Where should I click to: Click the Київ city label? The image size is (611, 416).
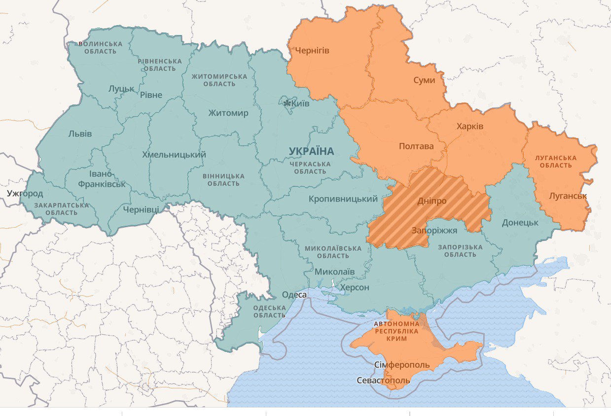[x=300, y=104]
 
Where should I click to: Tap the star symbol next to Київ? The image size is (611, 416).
[x=287, y=103]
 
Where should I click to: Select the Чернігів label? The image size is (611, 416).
[x=312, y=51]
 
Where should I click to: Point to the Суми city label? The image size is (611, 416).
[x=424, y=80]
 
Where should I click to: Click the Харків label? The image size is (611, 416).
[x=470, y=127]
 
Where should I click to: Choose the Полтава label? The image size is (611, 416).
[x=416, y=146]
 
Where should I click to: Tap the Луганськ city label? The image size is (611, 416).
[x=568, y=196]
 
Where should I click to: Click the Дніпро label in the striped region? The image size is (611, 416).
[x=432, y=201]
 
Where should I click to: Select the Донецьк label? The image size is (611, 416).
[x=520, y=222]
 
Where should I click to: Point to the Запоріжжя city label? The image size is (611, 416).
[x=434, y=231]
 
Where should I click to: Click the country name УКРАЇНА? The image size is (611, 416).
[x=311, y=151]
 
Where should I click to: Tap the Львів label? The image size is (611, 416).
[x=80, y=134]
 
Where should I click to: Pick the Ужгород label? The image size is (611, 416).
[x=25, y=193]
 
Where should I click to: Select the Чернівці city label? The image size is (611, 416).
[x=141, y=209]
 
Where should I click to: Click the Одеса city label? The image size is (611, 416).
[x=294, y=295]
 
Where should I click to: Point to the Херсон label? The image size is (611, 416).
[x=355, y=287]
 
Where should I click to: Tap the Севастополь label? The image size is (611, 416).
[x=383, y=381]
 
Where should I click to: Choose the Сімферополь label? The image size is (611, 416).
[x=402, y=365]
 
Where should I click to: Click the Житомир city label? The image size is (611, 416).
[x=228, y=113]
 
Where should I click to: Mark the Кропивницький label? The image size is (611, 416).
[x=343, y=199]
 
